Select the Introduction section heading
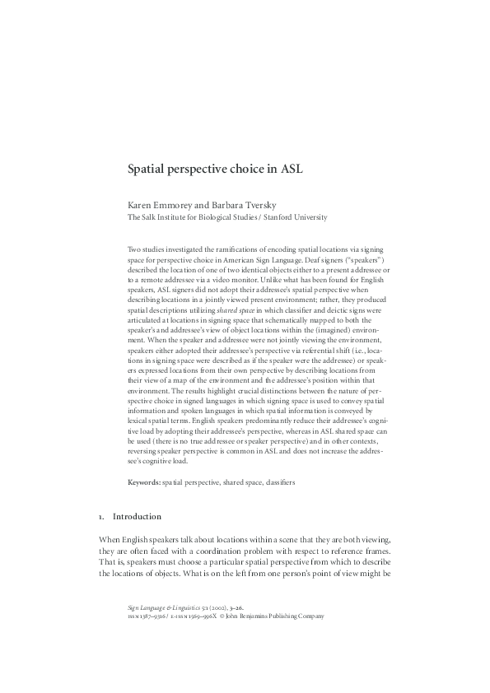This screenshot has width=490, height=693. (x=137, y=516)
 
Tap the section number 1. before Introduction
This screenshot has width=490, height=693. (x=100, y=516)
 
